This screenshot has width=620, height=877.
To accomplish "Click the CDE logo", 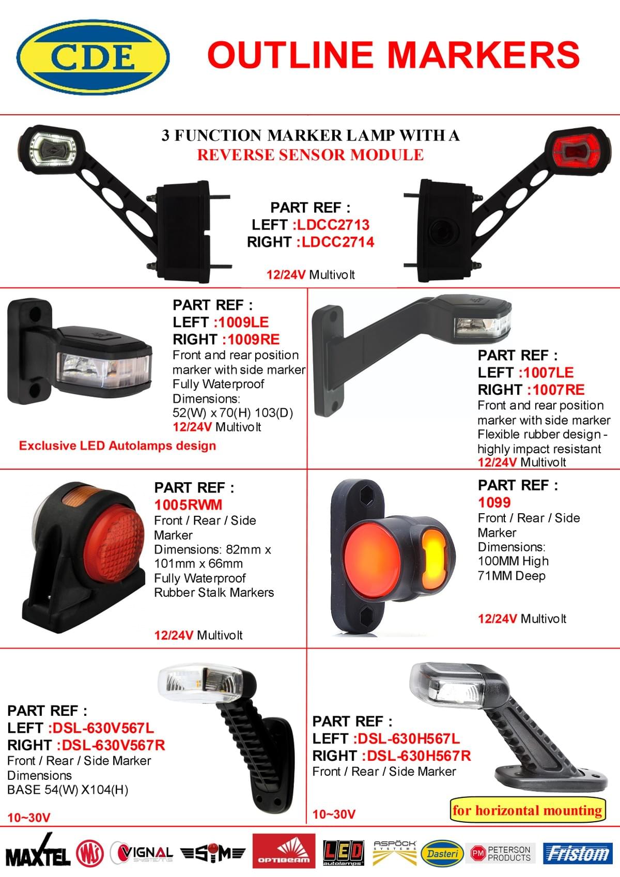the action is click(93, 57).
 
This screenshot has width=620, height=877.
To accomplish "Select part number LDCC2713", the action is click(333, 225).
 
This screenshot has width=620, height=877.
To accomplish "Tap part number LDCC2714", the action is click(337, 242).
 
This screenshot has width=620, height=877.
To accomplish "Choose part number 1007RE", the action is click(559, 390).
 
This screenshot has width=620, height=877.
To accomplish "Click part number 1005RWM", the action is click(188, 505).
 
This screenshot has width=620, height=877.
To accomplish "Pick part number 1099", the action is click(494, 502).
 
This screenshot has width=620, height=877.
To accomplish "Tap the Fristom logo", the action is click(578, 853).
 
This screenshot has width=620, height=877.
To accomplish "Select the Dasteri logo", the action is click(442, 854).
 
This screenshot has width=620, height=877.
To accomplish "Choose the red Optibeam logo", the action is click(284, 851).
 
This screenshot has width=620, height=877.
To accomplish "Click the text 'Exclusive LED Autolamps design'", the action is click(117, 445).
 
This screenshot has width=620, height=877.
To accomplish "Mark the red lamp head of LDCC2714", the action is click(577, 151).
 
